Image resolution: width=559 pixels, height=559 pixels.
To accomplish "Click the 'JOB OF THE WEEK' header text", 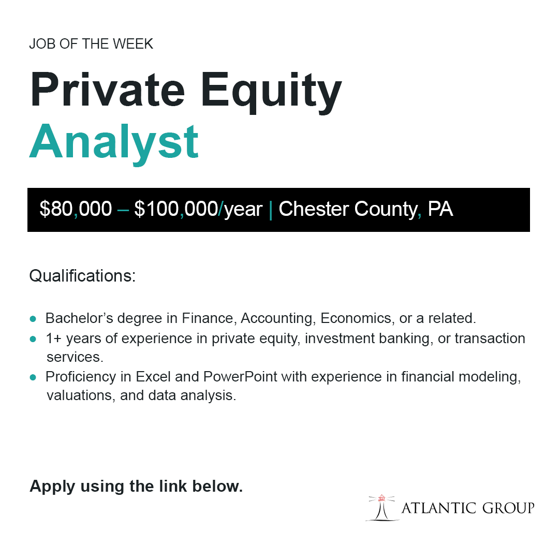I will coord(91,44).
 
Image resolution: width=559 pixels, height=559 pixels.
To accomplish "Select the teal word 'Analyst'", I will coord(114,141).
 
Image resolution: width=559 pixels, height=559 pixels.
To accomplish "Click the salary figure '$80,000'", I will coord(76,209).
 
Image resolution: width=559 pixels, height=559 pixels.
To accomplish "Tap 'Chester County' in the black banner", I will coord(347,209).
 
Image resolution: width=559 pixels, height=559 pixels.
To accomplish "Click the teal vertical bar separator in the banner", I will coord(271,209).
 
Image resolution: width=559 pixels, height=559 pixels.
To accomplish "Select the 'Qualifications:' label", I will coord(82,276).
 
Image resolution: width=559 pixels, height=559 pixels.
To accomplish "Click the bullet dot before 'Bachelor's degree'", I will coord(33,318).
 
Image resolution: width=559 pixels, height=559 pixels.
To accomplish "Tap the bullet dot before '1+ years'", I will coord(33,340).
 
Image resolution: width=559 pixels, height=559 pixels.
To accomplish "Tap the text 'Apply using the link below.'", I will coord(136,487).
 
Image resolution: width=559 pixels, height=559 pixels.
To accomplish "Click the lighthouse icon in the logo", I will coord(382,507).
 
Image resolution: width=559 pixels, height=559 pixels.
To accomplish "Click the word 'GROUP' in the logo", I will coord(508,508).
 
